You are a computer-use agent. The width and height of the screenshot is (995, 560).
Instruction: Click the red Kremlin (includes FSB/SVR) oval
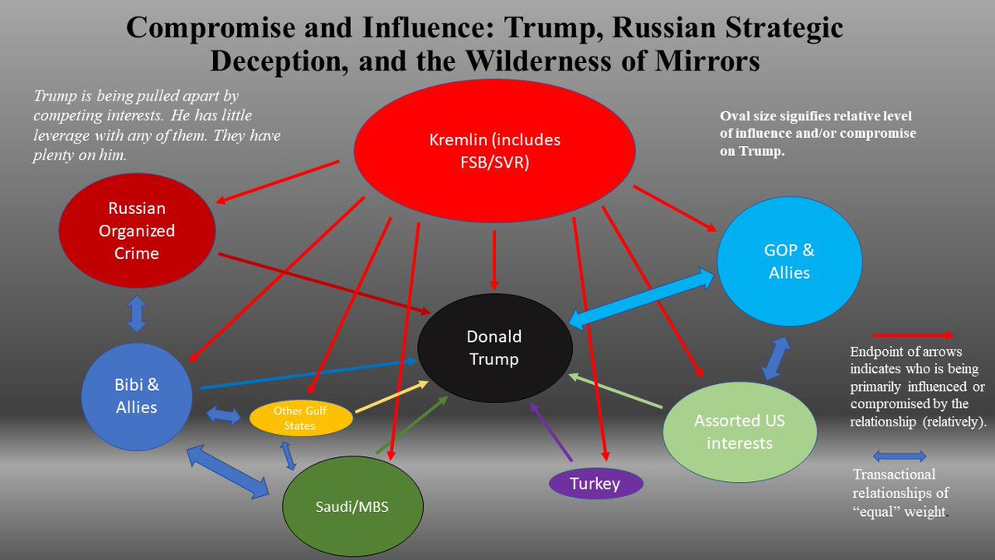(x=494, y=151)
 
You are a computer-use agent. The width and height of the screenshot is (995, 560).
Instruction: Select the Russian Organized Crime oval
(x=137, y=230)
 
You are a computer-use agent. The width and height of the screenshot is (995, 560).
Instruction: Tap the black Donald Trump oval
(x=494, y=348)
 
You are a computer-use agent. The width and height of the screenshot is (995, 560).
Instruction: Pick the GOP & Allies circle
(x=789, y=261)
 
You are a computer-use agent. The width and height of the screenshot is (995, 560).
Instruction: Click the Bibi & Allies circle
(x=136, y=397)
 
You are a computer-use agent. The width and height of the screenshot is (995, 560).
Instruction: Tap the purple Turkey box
(x=596, y=484)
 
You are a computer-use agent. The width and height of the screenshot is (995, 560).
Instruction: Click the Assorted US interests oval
(x=739, y=431)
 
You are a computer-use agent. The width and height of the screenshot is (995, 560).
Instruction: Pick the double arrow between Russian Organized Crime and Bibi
(x=138, y=315)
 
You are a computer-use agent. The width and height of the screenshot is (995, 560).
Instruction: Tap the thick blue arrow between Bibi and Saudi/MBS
(x=227, y=471)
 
